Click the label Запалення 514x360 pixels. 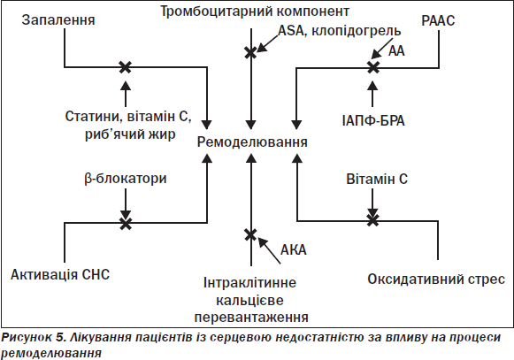coord(58,20)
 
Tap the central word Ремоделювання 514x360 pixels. coord(252,142)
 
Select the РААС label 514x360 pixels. coord(438,20)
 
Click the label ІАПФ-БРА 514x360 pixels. coord(373,120)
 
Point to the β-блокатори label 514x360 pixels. coord(126,179)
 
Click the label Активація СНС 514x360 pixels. coord(60,274)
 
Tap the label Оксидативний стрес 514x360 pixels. coord(436,279)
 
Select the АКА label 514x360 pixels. coord(294,249)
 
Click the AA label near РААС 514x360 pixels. coord(396,50)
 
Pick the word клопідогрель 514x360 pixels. coord(356,31)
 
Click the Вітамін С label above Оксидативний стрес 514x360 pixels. coord(377,179)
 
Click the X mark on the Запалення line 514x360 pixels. coord(125,67)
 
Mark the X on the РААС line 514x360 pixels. coord(373,67)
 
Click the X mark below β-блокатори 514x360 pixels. coord(126,223)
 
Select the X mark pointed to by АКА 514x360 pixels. coord(250,234)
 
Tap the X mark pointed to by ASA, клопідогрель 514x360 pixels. coord(250,52)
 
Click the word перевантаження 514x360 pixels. coord(251,318)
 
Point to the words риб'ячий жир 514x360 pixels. coord(130,134)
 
